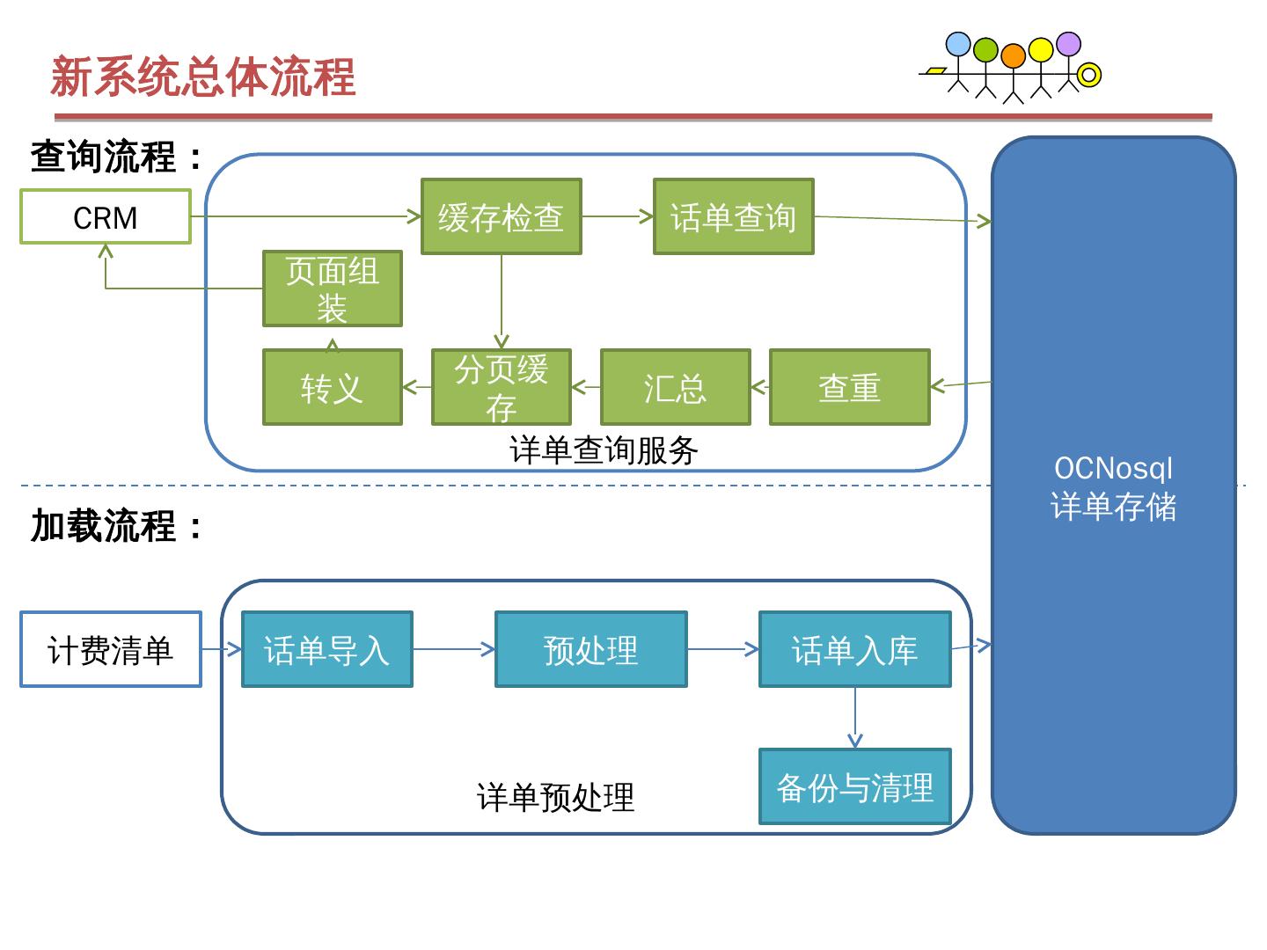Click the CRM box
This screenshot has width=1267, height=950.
[105, 217]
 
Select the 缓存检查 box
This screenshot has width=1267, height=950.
[501, 216]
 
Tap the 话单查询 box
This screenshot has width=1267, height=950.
[734, 216]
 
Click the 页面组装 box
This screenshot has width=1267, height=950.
[333, 289]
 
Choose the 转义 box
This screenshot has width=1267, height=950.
[333, 387]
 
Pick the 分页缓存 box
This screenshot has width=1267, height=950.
[501, 387]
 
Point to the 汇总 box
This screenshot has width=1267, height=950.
[676, 387]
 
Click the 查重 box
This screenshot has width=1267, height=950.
[850, 387]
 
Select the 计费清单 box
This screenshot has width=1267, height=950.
[111, 649]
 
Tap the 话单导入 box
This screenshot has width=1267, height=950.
[327, 649]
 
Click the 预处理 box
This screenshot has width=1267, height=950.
[591, 649]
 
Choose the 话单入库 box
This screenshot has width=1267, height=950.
[855, 649]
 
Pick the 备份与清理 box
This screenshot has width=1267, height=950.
[855, 786]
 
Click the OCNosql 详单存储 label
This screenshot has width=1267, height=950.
[1113, 488]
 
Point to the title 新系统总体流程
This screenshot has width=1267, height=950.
[203, 77]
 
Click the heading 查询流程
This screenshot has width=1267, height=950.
[116, 157]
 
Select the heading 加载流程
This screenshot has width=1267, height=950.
[116, 525]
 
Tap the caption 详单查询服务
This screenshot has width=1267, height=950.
[604, 449]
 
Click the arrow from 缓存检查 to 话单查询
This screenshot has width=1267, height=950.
[618, 216]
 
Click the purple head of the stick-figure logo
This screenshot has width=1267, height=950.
[1068, 44]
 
